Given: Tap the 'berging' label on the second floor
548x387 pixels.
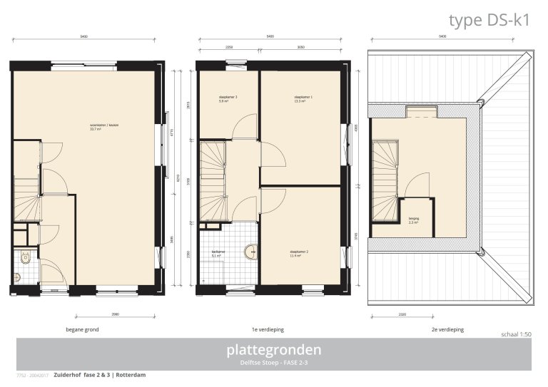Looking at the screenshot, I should [414, 220].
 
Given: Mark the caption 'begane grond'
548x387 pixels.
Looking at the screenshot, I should [82, 330].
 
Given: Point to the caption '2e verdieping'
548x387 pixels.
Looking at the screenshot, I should [448, 330].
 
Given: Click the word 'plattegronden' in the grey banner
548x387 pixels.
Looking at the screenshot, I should [274, 350].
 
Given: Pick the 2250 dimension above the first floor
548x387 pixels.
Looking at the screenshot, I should [228, 48].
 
